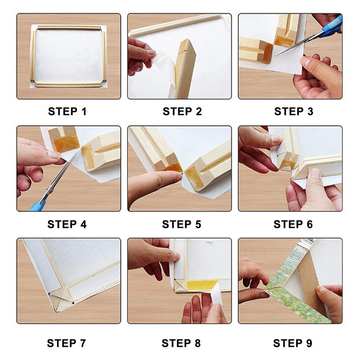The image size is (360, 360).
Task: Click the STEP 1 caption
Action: [67, 112]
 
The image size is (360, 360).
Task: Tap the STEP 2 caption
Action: [182, 112]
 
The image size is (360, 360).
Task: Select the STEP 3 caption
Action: [294, 112]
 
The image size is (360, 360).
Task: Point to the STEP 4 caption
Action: [67, 224]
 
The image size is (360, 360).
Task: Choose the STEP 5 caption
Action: [182, 224]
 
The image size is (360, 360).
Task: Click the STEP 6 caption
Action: [293, 224]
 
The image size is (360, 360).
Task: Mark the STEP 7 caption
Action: [67, 343]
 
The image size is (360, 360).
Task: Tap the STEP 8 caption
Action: [181, 343]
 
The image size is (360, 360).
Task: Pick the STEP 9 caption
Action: [293, 343]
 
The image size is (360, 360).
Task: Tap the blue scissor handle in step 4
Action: [37, 206]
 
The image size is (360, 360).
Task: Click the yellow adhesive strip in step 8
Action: [200, 285]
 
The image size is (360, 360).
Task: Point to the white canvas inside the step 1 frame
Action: [68, 56]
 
